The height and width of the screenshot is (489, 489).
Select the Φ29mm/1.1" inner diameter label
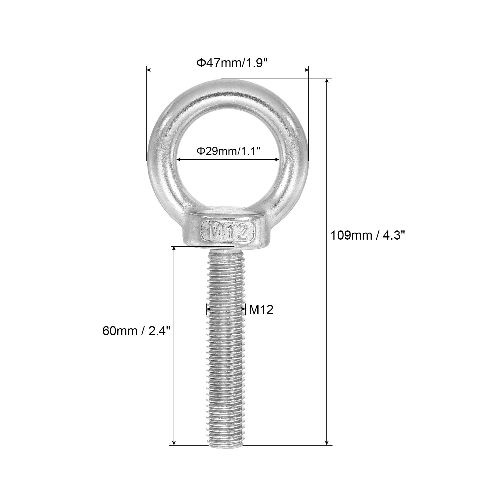pyautogui.click(x=228, y=151)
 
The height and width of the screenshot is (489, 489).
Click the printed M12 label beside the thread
pyautogui.click(x=261, y=310)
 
